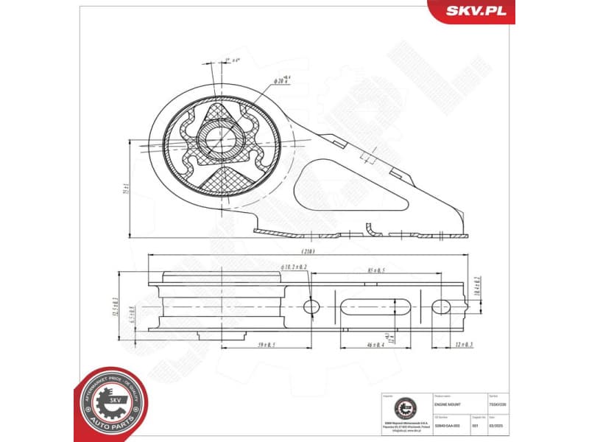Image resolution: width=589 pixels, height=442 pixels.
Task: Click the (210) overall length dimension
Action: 307,250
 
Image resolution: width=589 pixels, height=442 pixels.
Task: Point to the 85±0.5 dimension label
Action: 375,271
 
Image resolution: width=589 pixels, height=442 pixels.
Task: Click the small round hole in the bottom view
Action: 311,306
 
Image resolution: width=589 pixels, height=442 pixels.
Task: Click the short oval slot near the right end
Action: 441,306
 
